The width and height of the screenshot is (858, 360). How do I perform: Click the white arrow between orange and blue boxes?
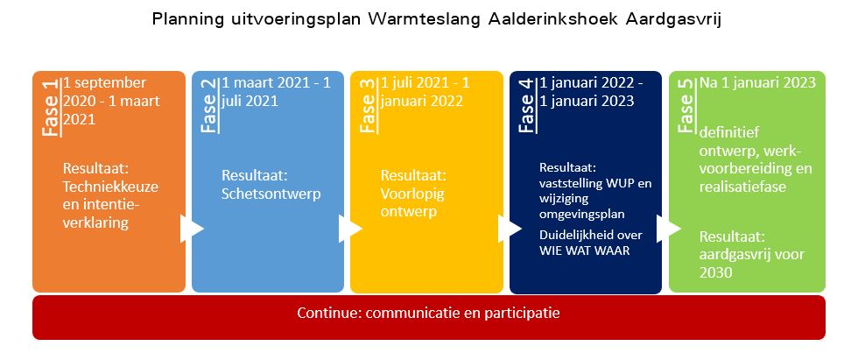click(192, 228)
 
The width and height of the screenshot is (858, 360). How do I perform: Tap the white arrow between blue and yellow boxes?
click(350, 228)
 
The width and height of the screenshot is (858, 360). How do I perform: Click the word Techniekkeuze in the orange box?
click(110, 187)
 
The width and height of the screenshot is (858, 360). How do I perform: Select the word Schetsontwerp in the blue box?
click(271, 194)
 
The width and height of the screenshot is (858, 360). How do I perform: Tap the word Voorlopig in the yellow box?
click(412, 194)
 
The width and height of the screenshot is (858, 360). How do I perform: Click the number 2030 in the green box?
click(716, 272)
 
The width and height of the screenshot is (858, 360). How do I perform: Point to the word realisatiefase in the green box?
click(743, 187)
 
